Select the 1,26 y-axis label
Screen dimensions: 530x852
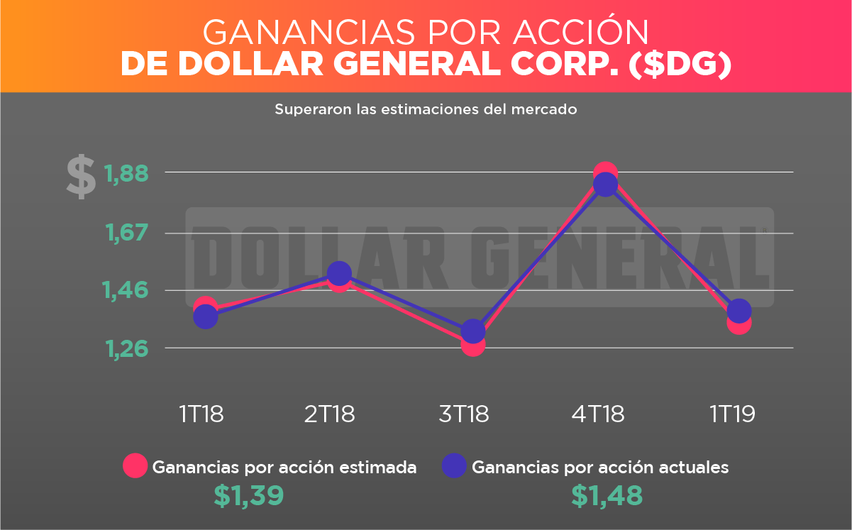click(x=128, y=348)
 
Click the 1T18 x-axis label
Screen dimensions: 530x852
click(x=201, y=414)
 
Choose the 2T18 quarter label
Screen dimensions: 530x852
click(x=330, y=414)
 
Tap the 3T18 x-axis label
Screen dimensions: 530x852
click(x=464, y=414)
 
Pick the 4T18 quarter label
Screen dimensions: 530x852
click(x=598, y=414)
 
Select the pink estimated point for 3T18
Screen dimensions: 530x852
click(x=472, y=344)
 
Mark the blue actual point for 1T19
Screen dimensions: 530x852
click(x=739, y=310)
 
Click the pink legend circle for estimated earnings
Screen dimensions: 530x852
click(x=135, y=465)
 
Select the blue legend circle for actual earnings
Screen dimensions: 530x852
click(x=454, y=465)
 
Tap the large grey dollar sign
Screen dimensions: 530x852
click(x=81, y=177)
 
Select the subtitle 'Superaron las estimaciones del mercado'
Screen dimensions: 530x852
click(x=426, y=110)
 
